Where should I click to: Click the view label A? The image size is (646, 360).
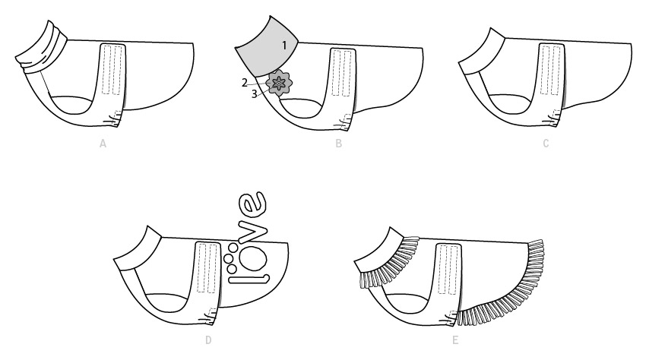[103, 144]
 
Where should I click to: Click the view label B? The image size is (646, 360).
[339, 144]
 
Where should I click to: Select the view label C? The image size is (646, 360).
[546, 144]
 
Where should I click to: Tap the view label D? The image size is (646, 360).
[208, 339]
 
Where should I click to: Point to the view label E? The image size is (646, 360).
[455, 339]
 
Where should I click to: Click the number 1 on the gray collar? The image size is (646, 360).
[284, 46]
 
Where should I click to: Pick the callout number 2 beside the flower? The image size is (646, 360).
[244, 83]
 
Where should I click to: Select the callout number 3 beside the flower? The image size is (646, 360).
[254, 94]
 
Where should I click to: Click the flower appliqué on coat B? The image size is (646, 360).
[279, 84]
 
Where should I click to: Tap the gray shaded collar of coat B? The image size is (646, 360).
[268, 49]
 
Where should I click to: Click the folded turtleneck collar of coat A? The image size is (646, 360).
[43, 47]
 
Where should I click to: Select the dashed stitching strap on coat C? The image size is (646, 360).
[551, 70]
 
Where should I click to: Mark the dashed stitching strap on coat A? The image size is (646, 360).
[111, 69]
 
